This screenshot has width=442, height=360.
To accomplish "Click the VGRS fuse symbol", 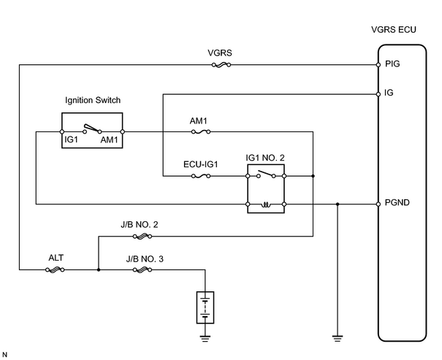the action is pos(221,65).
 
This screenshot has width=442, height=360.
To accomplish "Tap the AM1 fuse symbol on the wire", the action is pos(201,131).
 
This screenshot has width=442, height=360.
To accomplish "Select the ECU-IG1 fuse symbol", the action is pos(201,176).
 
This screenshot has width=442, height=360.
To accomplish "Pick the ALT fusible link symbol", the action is pos(55,270).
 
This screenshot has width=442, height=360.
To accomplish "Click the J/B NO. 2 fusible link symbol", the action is pos(142,237).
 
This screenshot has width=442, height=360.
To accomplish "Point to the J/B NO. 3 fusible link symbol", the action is pos(142,270).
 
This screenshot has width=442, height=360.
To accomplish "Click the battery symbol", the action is pos(205,307).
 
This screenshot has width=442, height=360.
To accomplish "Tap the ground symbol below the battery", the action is pos(205,339).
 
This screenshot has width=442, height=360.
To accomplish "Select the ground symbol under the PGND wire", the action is pos(338,339).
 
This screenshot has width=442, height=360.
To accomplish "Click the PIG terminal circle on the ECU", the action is pos(378,65).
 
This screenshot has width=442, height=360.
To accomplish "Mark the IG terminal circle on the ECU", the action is pos(378,94).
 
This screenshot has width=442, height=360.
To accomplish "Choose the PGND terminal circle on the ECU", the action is pos(378,204).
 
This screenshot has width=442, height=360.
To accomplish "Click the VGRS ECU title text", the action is pos(394,30).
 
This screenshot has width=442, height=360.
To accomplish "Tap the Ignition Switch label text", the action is pos(93,100).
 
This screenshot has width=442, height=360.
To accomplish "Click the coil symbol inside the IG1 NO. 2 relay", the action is pos(266,204).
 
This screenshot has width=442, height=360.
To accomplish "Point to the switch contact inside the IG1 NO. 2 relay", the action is pos(266,174).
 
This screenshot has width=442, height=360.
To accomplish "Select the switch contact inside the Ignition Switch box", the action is pos(92,129).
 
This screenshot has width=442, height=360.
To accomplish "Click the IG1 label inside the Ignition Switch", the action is pos(71,139).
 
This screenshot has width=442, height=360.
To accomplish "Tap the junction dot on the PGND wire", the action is pos(338,204).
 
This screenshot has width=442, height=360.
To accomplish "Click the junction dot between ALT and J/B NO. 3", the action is pos(99,270).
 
